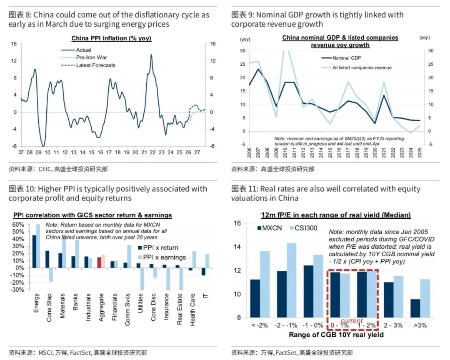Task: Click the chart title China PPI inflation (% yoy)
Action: coord(111,38)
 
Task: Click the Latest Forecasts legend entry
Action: coord(95,65)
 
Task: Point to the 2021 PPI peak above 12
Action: coord(151,55)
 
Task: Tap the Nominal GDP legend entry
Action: coord(347,58)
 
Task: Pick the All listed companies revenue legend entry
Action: coord(362,67)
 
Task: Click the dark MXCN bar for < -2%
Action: coord(255,298)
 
